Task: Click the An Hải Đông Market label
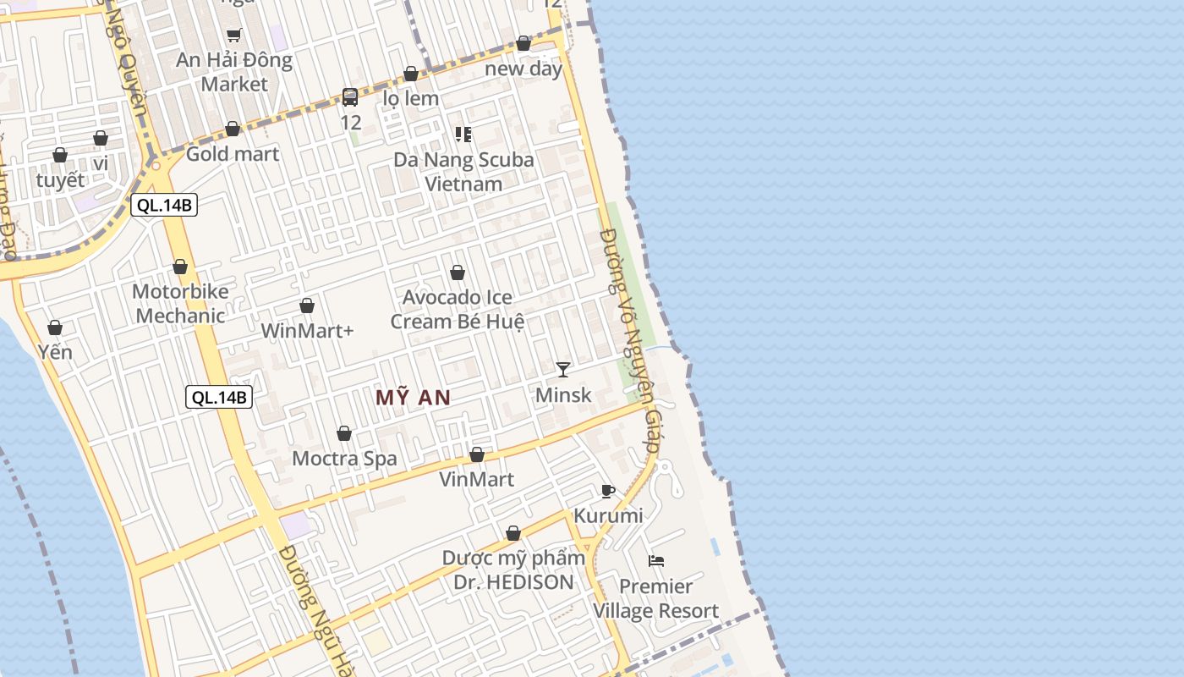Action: [234, 72]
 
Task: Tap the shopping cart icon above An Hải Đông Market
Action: [234, 35]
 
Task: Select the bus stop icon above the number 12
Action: [350, 96]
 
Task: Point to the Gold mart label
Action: [233, 154]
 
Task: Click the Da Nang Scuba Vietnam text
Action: [463, 172]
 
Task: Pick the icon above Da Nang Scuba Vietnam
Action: [463, 134]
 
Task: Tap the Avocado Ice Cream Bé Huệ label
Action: [458, 309]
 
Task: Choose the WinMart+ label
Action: [307, 331]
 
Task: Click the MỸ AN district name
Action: [413, 398]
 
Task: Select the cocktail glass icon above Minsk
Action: [563, 369]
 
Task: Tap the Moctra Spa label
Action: [344, 459]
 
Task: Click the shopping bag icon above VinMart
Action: [477, 454]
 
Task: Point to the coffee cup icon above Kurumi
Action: [607, 491]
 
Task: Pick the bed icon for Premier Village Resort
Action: [656, 560]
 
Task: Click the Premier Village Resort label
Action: [656, 598]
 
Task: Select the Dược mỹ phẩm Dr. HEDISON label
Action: [513, 570]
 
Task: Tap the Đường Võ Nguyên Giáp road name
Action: [628, 338]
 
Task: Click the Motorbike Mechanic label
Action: [180, 304]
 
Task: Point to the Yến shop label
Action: [55, 352]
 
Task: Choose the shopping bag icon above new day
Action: [523, 43]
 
